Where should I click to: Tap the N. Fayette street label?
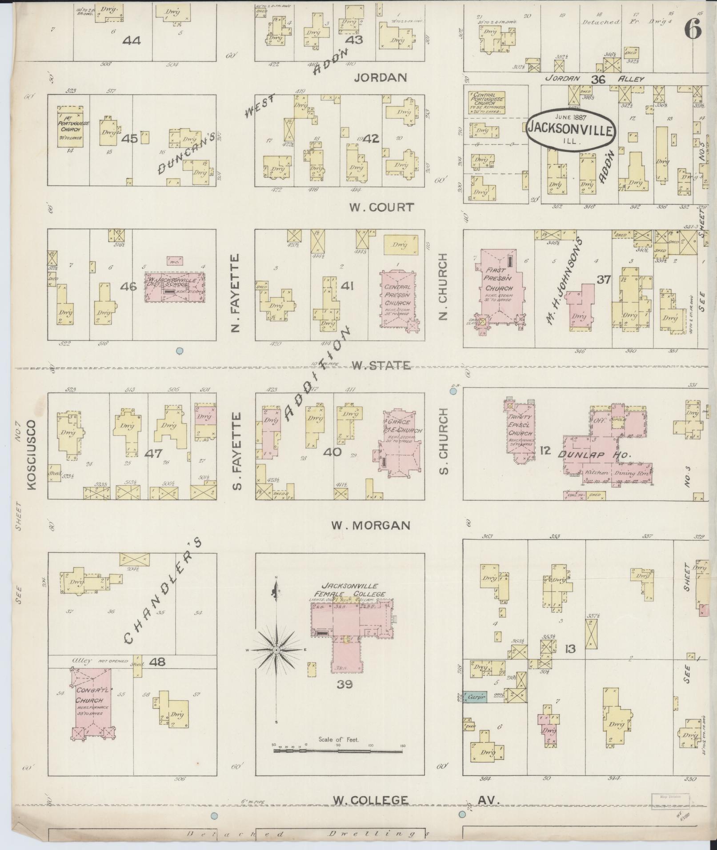(236, 293)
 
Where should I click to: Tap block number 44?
(132, 41)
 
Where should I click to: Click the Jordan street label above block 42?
(381, 78)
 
